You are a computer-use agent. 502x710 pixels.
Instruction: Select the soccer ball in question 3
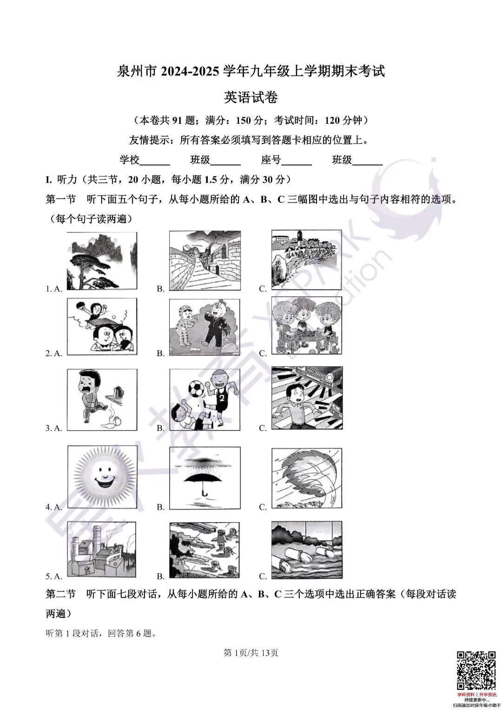[195, 387]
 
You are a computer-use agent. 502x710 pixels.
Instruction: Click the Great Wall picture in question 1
[205, 261]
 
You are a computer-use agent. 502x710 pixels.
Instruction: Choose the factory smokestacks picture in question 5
[102, 551]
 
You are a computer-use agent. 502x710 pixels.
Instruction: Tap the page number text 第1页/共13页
[251, 653]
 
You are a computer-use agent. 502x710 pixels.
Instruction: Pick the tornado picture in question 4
[307, 479]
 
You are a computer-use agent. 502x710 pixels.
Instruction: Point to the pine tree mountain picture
[102, 261]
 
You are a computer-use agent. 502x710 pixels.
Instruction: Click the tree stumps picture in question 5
[205, 551]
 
